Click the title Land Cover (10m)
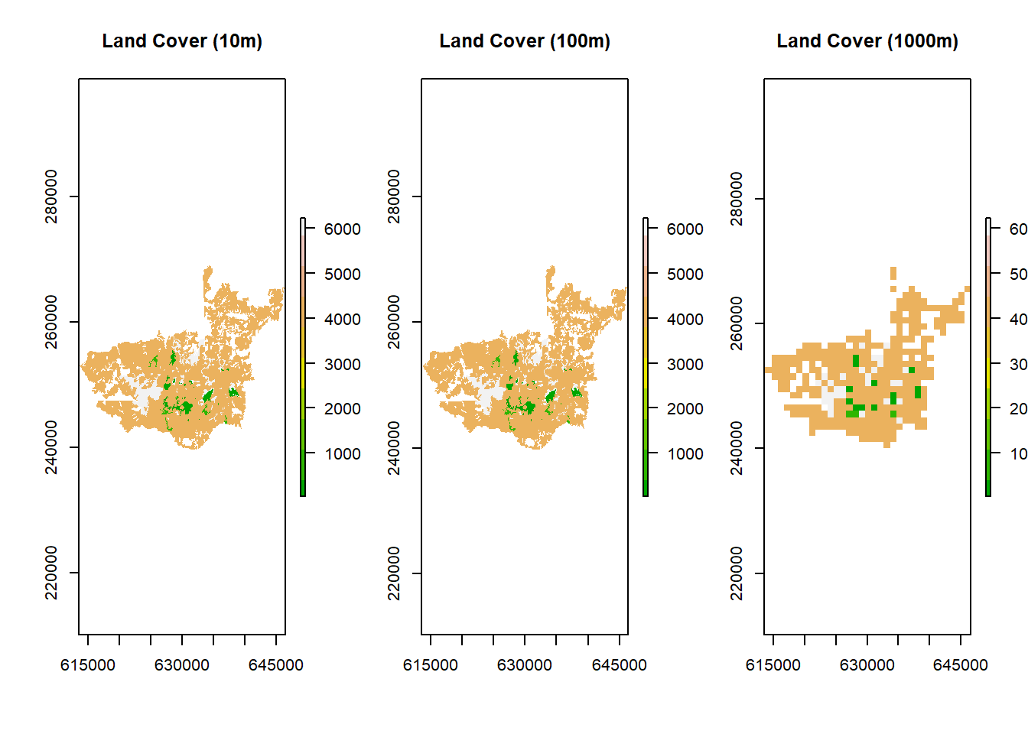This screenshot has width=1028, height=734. [x=182, y=41]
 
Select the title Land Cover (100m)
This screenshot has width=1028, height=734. [x=525, y=41]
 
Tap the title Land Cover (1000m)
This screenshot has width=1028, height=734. [x=867, y=41]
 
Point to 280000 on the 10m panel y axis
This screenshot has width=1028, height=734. [x=51, y=196]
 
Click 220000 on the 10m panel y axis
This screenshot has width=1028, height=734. [x=51, y=573]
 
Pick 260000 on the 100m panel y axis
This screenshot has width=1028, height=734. [x=394, y=322]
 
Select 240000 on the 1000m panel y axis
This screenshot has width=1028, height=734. [x=737, y=448]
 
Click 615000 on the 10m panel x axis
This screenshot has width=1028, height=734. [x=88, y=665]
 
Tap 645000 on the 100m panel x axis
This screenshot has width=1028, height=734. [x=620, y=665]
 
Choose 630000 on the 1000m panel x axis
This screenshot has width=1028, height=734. [x=867, y=665]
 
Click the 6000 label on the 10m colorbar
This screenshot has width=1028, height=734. [x=343, y=229]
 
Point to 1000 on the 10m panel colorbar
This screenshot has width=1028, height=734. [x=343, y=454]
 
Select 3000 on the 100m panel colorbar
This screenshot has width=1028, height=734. [x=685, y=365]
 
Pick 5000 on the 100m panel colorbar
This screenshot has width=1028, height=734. [x=685, y=274]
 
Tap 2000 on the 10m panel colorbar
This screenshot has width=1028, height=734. [x=343, y=409]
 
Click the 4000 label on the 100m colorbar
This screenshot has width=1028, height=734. [x=685, y=320]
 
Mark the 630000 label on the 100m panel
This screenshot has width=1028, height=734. [x=525, y=665]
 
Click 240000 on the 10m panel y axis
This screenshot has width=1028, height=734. [x=51, y=447]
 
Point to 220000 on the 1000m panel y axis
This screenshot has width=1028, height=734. [x=737, y=573]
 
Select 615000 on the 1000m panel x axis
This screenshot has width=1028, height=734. [x=773, y=665]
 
